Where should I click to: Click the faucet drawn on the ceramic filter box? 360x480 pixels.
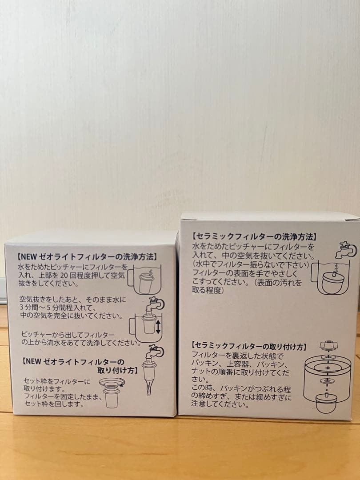(347, 249)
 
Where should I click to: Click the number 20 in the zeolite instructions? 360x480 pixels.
(85, 275)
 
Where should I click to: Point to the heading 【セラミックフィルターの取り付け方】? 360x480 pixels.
(248, 345)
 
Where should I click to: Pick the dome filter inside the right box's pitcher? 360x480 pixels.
(332, 282)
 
